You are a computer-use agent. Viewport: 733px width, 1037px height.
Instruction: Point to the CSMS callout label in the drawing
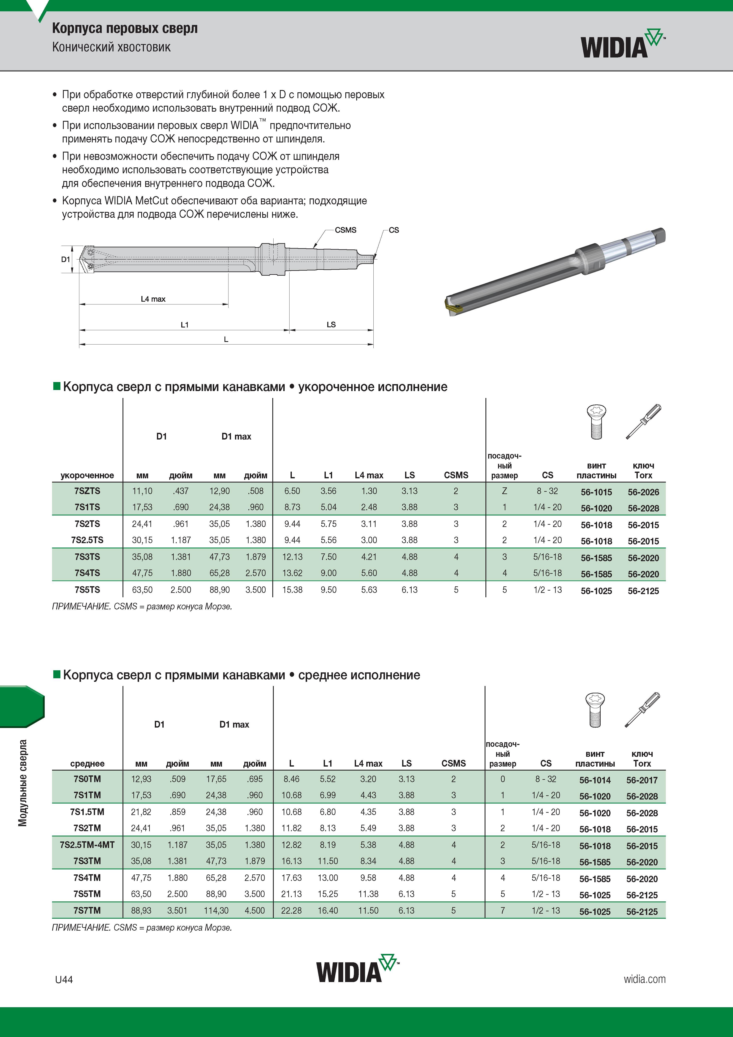point(346,230)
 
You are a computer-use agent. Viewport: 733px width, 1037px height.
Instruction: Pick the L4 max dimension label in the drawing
point(153,299)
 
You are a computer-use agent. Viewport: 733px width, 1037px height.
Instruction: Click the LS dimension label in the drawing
point(331,324)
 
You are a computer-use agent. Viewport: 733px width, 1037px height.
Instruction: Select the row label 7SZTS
point(87,491)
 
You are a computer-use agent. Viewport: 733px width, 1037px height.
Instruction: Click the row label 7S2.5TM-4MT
point(87,845)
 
